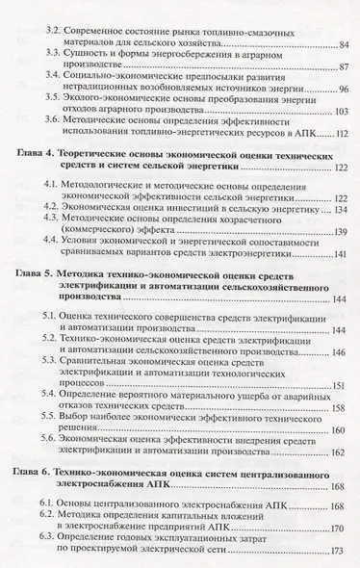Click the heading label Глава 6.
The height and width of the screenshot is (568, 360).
click(x=39, y=502)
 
